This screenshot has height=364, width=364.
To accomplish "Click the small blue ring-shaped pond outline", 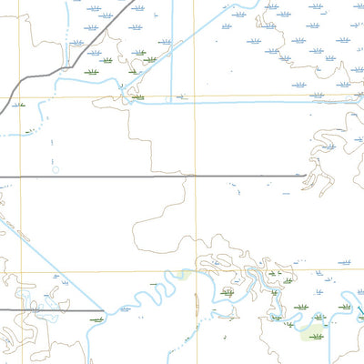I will coord(56,169).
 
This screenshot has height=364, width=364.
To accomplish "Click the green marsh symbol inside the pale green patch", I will coord(317,336).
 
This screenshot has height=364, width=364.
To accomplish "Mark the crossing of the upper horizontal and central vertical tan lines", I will coord(194,96).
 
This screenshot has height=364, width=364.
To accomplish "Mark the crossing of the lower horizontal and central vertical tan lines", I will coord(194,269).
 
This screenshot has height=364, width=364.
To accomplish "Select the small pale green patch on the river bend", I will coord(185,275).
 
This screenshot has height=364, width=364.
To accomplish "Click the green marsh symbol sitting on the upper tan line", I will coord(136,96).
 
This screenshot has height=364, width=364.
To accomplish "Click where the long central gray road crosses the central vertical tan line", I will coord(194,176).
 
